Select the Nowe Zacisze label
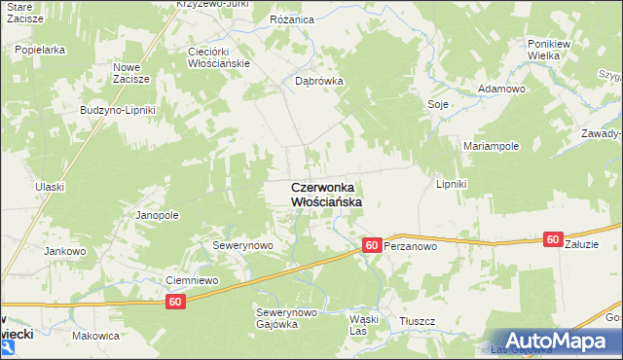pyautogui.click(x=130, y=73)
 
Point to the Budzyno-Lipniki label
pyautogui.click(x=118, y=110)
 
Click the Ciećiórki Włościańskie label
pyautogui.click(x=219, y=56)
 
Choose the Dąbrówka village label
pyautogui.click(x=319, y=82)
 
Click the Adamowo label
pyautogui.click(x=501, y=89)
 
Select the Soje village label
pyautogui.click(x=437, y=103)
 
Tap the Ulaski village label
pyautogui.click(x=49, y=186)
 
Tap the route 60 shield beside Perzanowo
pyautogui.click(x=371, y=246)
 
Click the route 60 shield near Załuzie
pyautogui.click(x=553, y=239)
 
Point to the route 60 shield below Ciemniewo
pyautogui.click(x=175, y=303)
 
